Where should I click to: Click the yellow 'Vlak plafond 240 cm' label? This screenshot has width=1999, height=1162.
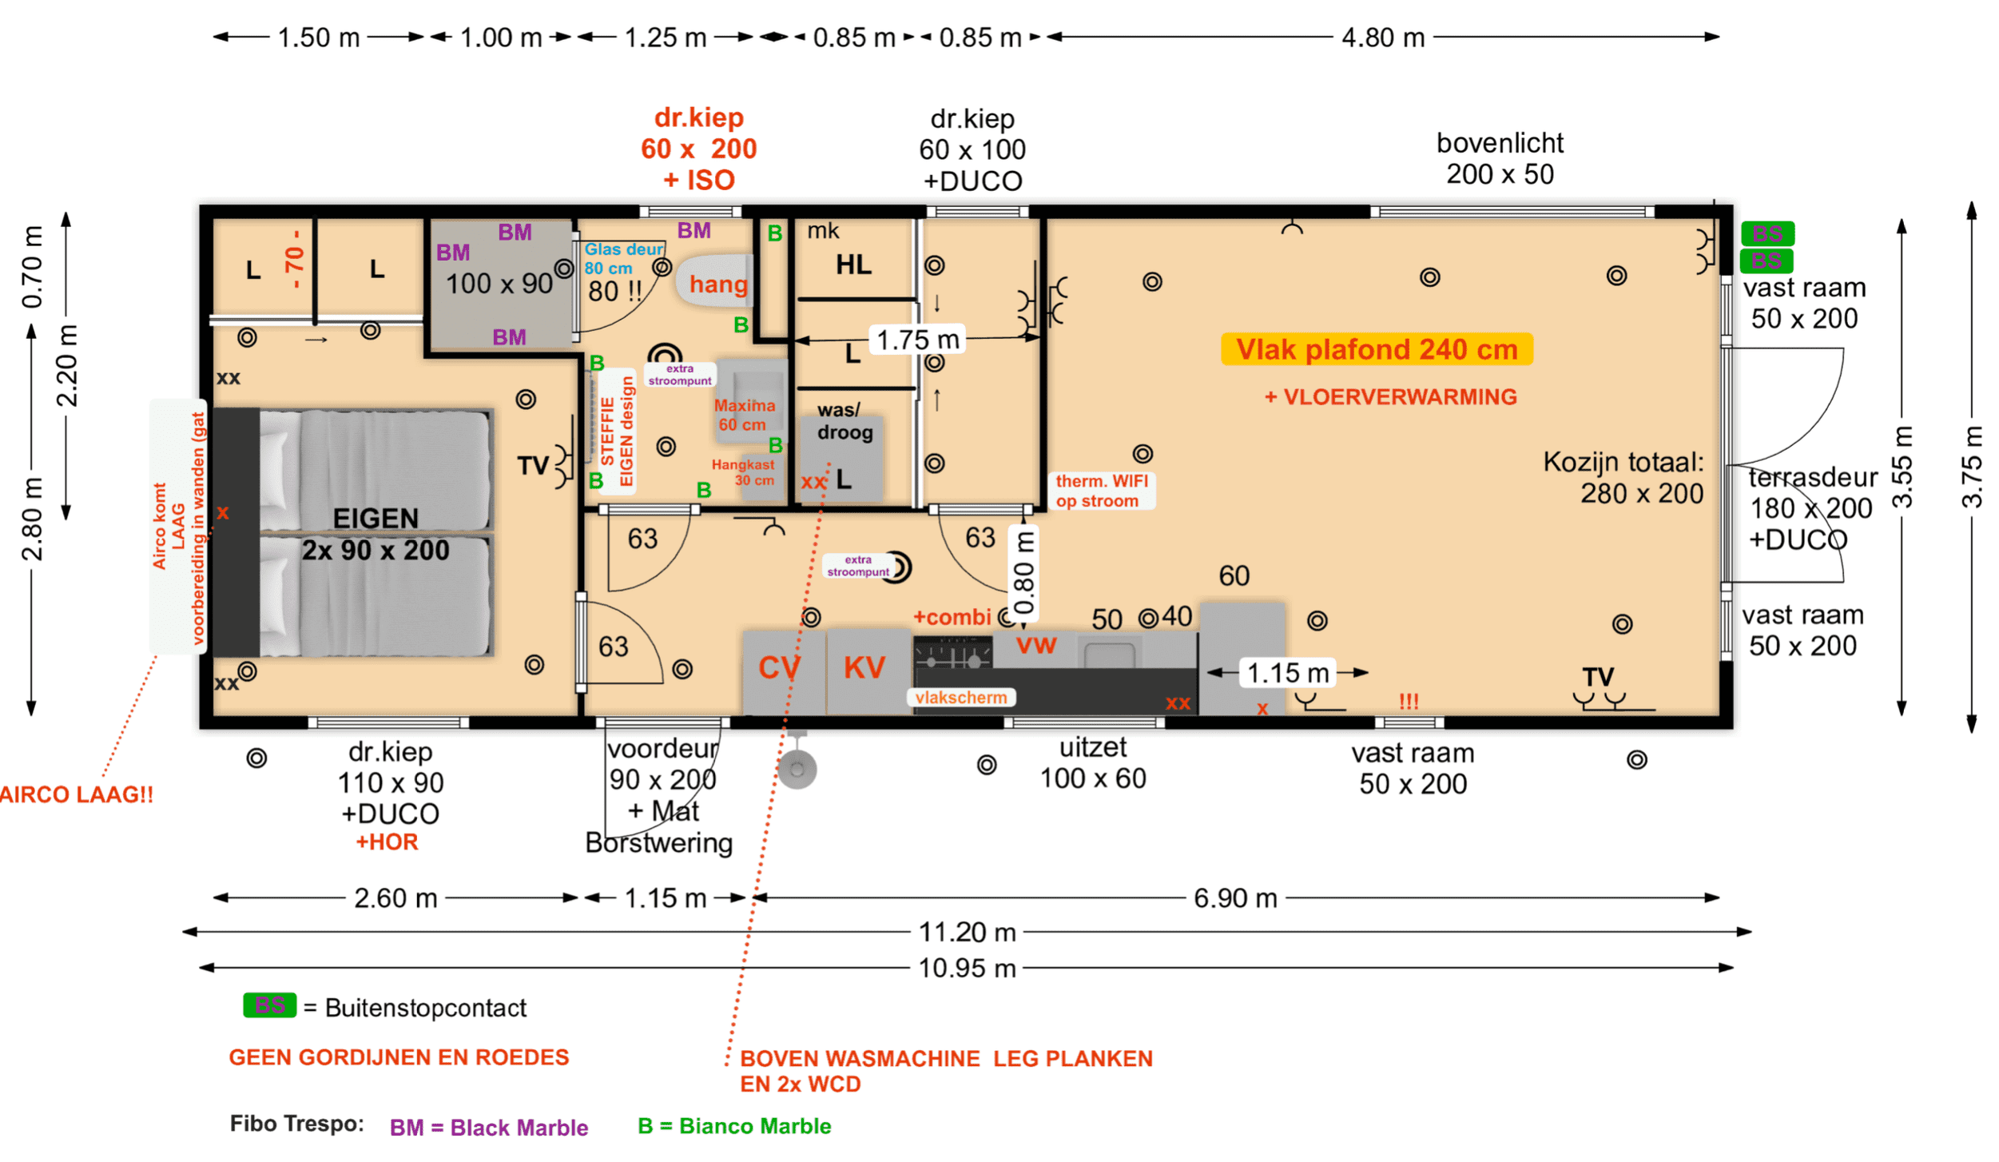[x=1376, y=349]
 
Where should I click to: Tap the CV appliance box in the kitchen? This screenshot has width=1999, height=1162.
[x=779, y=668]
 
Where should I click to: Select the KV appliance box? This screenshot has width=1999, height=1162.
[x=864, y=668]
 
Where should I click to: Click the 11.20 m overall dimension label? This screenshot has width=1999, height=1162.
[x=967, y=932]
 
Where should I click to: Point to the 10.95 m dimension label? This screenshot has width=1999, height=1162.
[x=967, y=968]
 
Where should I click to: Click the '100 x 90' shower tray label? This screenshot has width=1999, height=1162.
[x=499, y=284]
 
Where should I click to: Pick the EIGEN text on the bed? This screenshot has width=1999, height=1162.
[x=376, y=519]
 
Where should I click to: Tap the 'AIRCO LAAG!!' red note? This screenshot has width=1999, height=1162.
[x=76, y=795]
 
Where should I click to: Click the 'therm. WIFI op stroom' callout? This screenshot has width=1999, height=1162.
[x=1101, y=491]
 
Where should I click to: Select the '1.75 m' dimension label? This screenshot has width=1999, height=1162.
[x=917, y=340]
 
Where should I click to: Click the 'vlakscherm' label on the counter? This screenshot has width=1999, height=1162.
[x=960, y=698]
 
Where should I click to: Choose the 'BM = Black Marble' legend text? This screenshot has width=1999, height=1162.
[x=488, y=1128]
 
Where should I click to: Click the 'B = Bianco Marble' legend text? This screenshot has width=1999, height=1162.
[x=734, y=1126]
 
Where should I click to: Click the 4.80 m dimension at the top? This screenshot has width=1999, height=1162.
[x=1382, y=38]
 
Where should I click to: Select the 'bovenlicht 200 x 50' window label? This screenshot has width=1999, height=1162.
[x=1499, y=158]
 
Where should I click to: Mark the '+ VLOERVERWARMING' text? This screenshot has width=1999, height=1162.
[x=1390, y=397]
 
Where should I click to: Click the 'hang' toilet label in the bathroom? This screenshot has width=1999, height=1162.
[x=718, y=284]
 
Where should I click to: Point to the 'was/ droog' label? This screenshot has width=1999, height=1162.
[x=843, y=421]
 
